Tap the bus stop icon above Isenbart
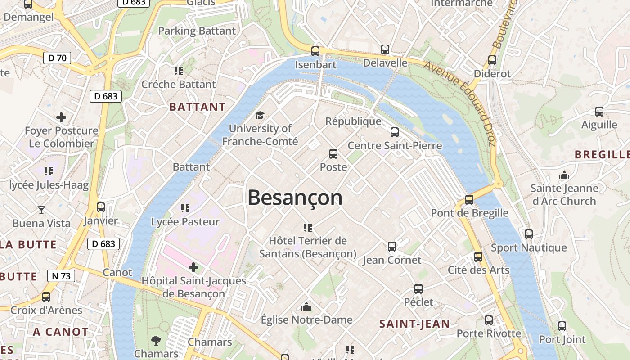(315, 51)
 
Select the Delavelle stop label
(385, 63)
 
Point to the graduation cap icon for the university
(260, 116)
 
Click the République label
(353, 121)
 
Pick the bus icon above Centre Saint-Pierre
(395, 132)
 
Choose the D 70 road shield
(57, 58)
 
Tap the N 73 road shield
(61, 276)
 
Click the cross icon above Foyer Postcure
(61, 118)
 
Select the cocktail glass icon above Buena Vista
(41, 210)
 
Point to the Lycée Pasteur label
(185, 222)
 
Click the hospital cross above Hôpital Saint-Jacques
(193, 268)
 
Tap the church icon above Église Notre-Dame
(306, 307)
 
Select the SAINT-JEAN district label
(414, 324)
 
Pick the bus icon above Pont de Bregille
(469, 199)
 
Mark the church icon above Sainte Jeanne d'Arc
(564, 175)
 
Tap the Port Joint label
(562, 340)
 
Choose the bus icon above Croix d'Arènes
(46, 297)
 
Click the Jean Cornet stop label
(392, 260)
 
